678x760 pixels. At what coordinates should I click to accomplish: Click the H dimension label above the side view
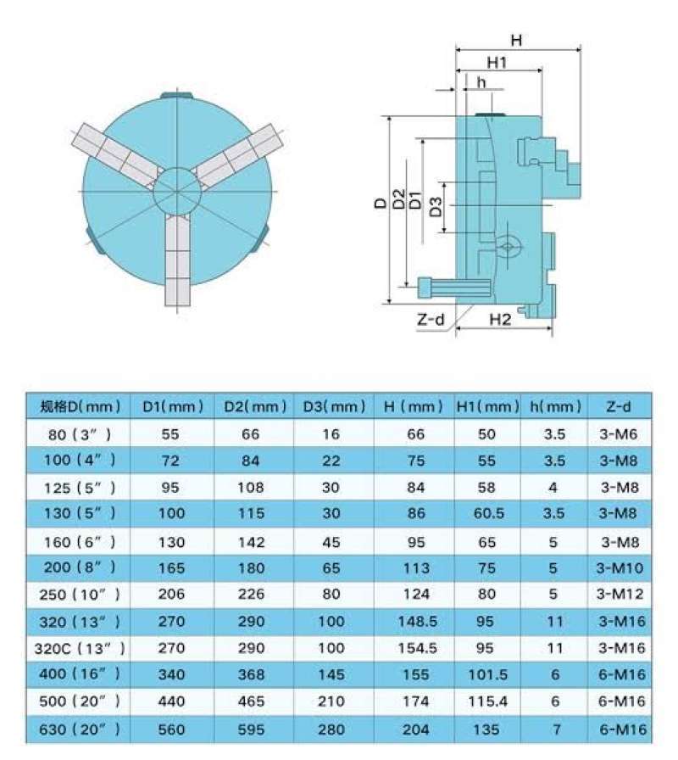point(517,40)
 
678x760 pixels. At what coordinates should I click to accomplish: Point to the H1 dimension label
point(497,63)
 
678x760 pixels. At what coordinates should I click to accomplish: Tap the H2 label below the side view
point(500,320)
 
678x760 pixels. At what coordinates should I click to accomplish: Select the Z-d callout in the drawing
point(431,320)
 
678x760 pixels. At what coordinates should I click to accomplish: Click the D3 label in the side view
point(436,207)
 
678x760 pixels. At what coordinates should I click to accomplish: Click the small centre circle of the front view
point(177,192)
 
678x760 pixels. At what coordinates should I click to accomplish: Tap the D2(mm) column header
point(255,406)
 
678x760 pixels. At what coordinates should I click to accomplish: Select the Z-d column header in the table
point(619,406)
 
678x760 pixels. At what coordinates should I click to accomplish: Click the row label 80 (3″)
point(80,434)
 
